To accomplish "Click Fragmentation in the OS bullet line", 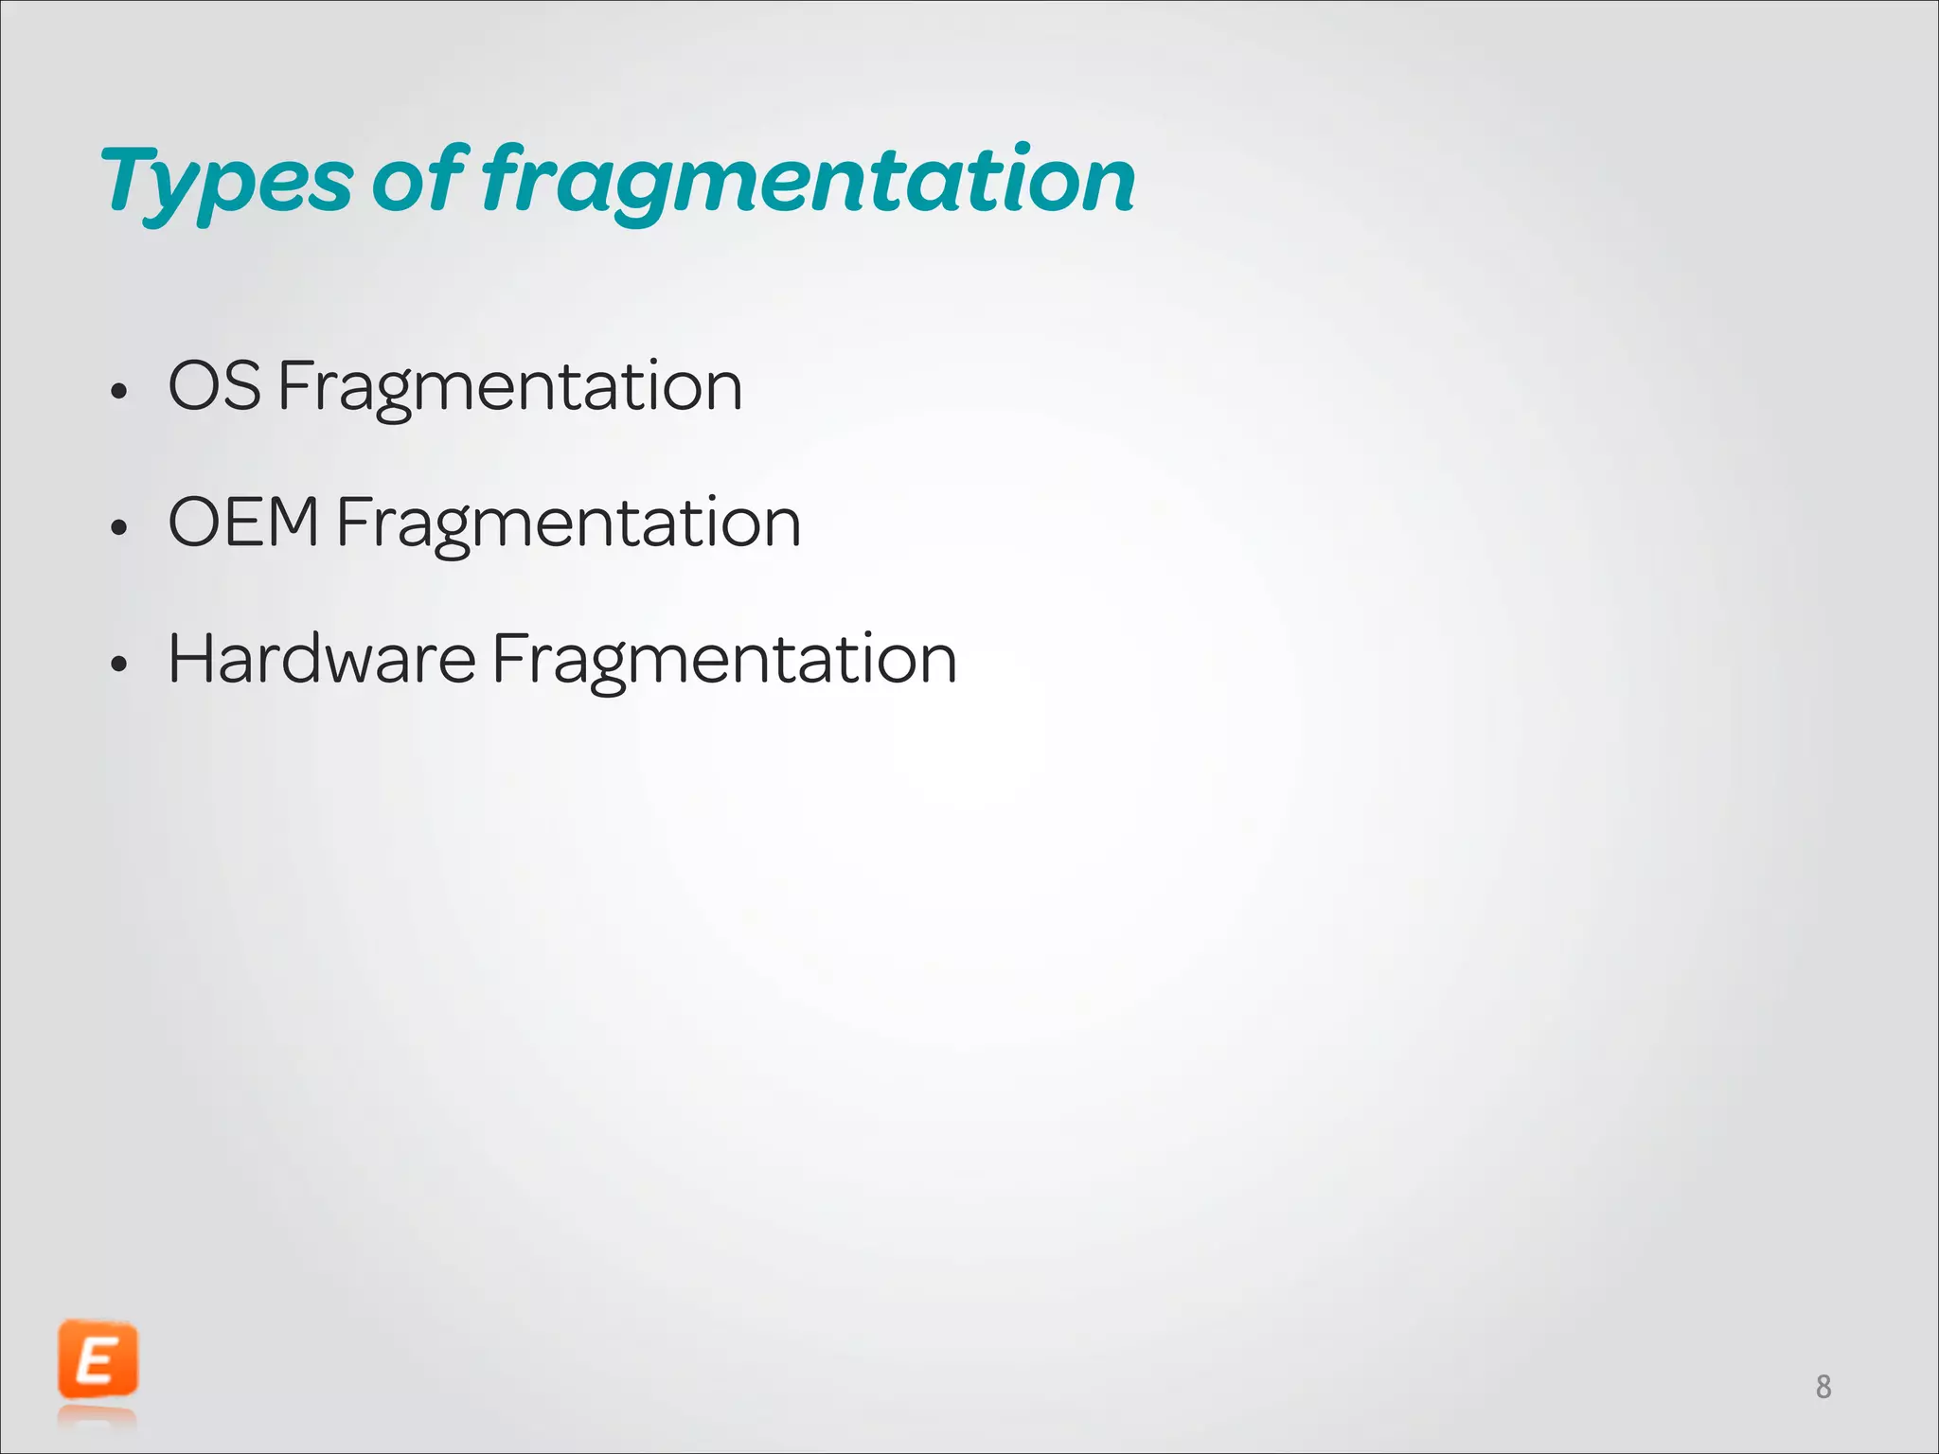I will coord(509,388).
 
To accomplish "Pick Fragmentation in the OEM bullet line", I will coord(568,524).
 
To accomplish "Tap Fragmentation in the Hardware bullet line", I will coord(724,661).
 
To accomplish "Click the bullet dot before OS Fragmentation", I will coord(118,391).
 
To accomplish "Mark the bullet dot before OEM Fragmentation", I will coord(118,527).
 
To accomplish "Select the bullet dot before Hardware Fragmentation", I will coord(118,664).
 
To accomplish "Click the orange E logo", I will coord(98,1360).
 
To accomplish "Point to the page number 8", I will coord(1823,1387).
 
